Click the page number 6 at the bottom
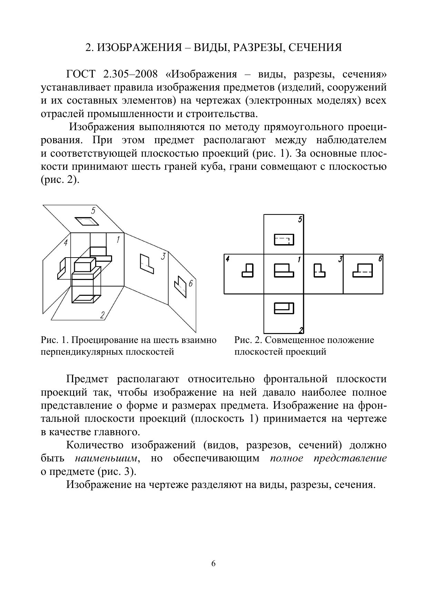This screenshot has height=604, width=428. tap(213, 563)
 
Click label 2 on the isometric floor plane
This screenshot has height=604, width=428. tap(102, 314)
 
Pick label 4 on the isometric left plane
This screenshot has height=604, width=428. tap(66, 242)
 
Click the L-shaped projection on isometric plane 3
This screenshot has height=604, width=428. tap(146, 264)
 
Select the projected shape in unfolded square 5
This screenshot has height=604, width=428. tap(284, 240)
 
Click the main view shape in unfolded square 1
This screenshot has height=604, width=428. tap(284, 270)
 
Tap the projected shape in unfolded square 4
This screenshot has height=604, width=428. tap(248, 270)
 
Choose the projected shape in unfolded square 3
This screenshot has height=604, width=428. tap(319, 270)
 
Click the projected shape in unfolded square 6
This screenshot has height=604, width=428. tap(362, 270)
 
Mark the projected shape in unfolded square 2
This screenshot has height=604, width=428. tap(284, 308)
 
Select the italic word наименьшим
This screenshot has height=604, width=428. tap(106, 458)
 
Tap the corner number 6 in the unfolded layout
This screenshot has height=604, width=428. tap(380, 259)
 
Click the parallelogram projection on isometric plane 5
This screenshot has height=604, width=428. tap(87, 221)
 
